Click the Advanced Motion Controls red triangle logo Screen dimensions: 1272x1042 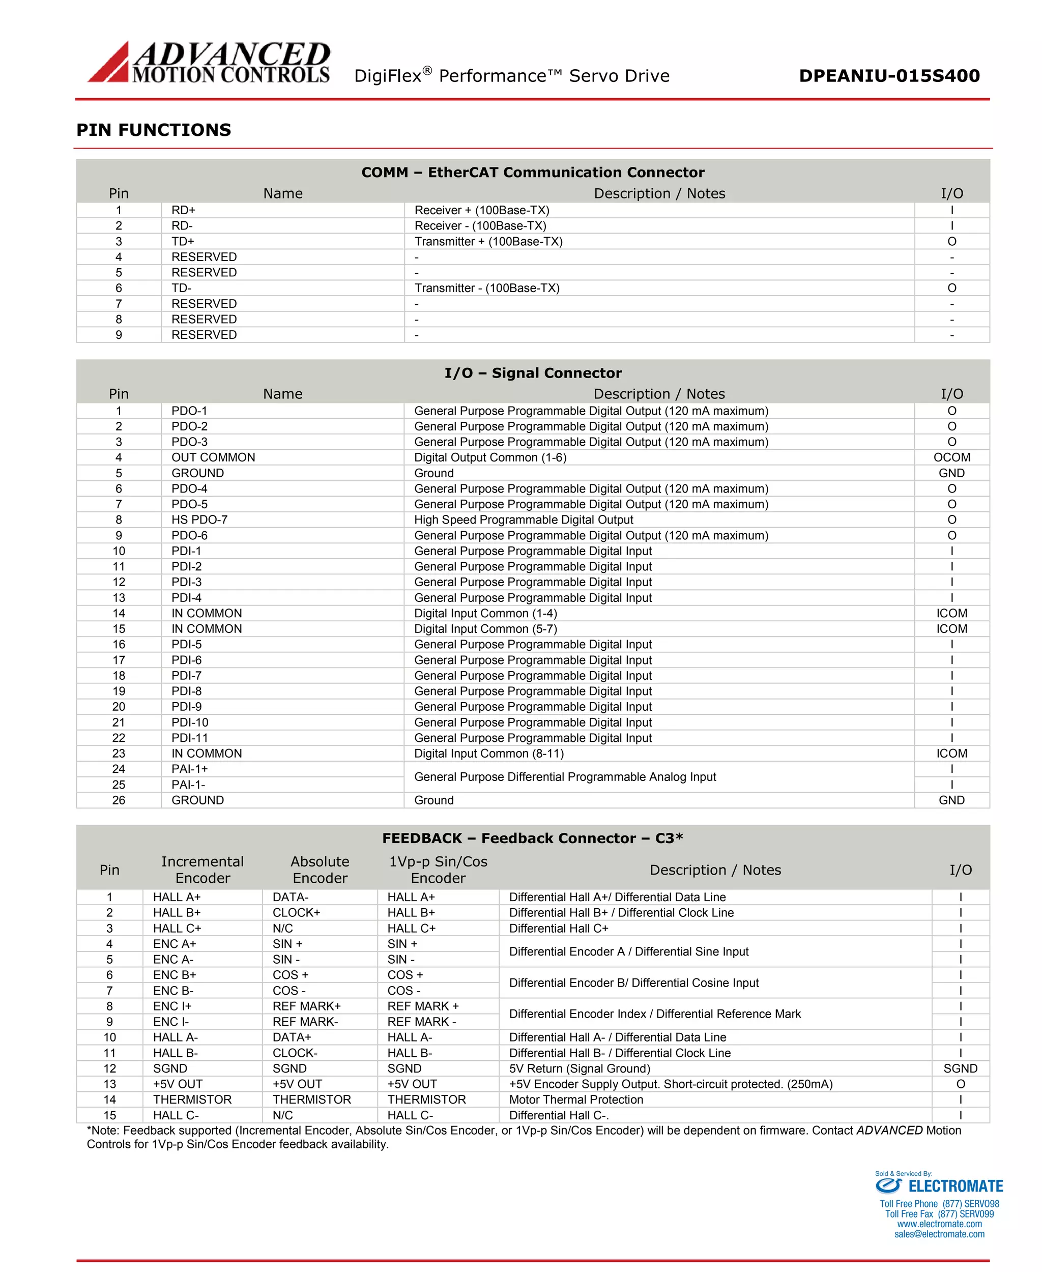pyautogui.click(x=110, y=64)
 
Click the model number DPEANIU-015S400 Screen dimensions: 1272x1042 pyautogui.click(x=889, y=76)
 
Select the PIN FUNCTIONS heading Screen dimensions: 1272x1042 pyautogui.click(x=154, y=130)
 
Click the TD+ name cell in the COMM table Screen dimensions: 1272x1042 pyautogui.click(x=183, y=241)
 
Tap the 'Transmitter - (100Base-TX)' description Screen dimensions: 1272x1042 pyautogui.click(x=487, y=288)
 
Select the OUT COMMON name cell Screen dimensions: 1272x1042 pyautogui.click(x=213, y=457)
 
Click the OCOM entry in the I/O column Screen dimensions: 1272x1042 pyautogui.click(x=951, y=457)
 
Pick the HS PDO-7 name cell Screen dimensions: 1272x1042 pyautogui.click(x=199, y=520)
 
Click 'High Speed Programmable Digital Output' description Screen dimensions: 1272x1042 pyautogui.click(x=524, y=520)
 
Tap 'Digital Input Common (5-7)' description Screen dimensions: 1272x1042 pyautogui.click(x=485, y=628)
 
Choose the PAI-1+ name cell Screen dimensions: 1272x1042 pyautogui.click(x=190, y=769)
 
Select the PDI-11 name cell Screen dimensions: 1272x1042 pyautogui.click(x=190, y=738)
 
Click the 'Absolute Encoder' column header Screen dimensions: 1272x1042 pyautogui.click(x=320, y=870)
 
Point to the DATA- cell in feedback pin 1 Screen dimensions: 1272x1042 pyautogui.click(x=291, y=897)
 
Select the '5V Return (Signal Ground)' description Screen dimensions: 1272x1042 pyautogui.click(x=579, y=1068)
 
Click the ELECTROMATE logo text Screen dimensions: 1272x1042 pyautogui.click(x=955, y=1186)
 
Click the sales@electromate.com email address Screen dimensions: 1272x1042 pyautogui.click(x=939, y=1234)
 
